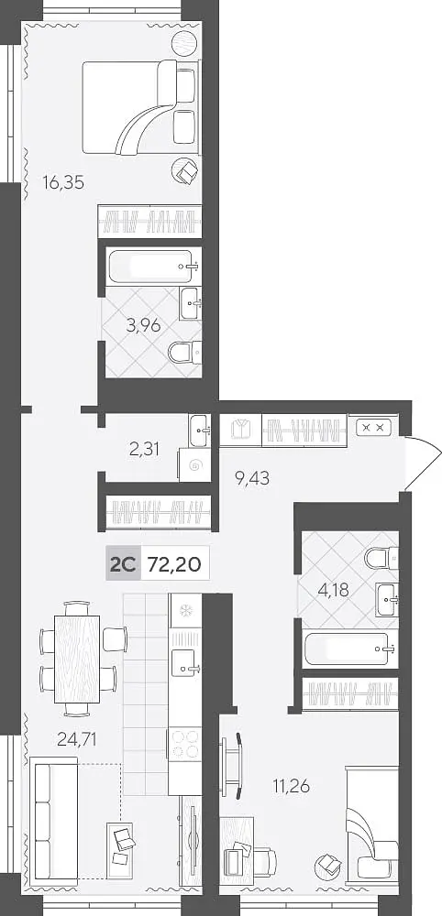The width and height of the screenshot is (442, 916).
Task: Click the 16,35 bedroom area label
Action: pos(63,183)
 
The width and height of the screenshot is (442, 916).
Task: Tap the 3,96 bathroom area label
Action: pos(143,325)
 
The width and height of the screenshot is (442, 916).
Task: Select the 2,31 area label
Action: pos(144,449)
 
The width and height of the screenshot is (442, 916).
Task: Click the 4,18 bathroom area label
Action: pos(333,590)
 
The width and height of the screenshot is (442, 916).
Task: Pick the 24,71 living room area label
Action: pos(77,739)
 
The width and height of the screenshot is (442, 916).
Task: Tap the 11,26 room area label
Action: pos(291,786)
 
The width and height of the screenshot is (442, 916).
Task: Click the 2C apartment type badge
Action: pos(123,564)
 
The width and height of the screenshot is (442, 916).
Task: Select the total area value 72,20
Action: pos(174,564)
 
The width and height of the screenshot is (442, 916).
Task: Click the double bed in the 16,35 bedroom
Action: pos(140,107)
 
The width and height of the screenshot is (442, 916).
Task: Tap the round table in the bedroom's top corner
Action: pos(184,41)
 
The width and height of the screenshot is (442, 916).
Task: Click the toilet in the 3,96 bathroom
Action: pos(185,353)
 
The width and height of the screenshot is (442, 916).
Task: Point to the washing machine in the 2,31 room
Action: pos(194,464)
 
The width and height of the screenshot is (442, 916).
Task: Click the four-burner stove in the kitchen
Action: pos(184,744)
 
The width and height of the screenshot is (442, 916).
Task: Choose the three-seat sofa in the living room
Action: pos(53,818)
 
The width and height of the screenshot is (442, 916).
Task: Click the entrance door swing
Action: pos(422,463)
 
